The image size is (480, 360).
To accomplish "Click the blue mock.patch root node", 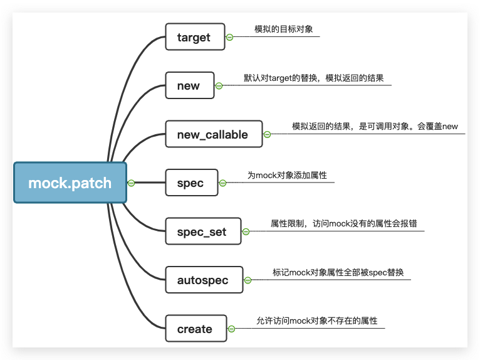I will [70, 183].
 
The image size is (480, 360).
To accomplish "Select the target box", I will [194, 37].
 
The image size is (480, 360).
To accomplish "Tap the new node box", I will [189, 86].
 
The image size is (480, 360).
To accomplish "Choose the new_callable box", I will [214, 134].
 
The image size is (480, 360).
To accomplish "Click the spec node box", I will [190, 183].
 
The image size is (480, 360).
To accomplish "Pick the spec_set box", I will [202, 231].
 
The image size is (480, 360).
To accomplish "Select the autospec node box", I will [203, 280].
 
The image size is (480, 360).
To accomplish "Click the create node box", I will [195, 329].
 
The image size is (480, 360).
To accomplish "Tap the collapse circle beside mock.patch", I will [131, 183].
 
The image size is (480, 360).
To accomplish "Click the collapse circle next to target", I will [229, 37].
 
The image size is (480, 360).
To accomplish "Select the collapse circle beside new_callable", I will [267, 134].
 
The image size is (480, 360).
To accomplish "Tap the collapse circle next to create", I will [231, 329].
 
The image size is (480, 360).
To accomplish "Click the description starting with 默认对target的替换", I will [313, 78].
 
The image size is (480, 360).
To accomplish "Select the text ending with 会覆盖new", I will [375, 126].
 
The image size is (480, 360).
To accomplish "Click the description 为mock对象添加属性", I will [287, 176].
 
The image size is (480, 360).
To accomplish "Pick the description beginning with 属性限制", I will [343, 223].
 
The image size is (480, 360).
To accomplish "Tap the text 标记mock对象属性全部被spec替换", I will [338, 272].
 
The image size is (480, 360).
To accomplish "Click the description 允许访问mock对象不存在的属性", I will [317, 320].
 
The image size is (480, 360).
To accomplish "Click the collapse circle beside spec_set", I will [246, 231].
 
